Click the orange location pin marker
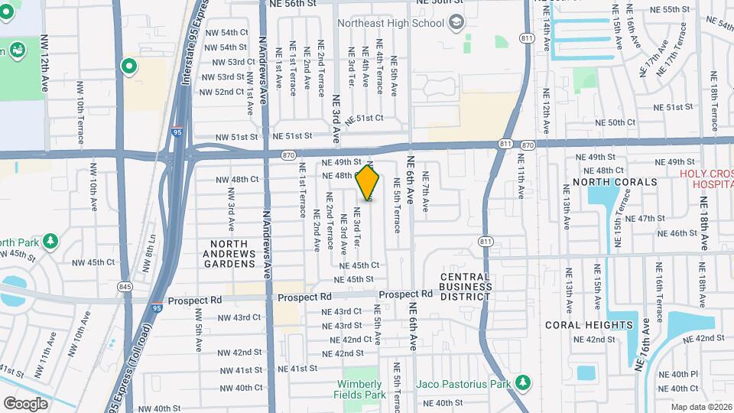[368, 184]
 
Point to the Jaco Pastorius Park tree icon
[523, 381]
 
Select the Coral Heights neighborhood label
[589, 325]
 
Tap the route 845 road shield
[125, 286]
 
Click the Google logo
[25, 403]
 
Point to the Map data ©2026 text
[701, 408]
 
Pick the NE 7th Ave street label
[426, 196]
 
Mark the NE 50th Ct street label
[615, 122]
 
